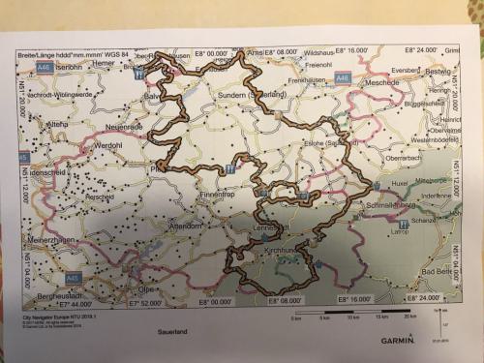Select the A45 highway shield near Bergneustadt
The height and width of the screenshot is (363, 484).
(73, 252)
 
